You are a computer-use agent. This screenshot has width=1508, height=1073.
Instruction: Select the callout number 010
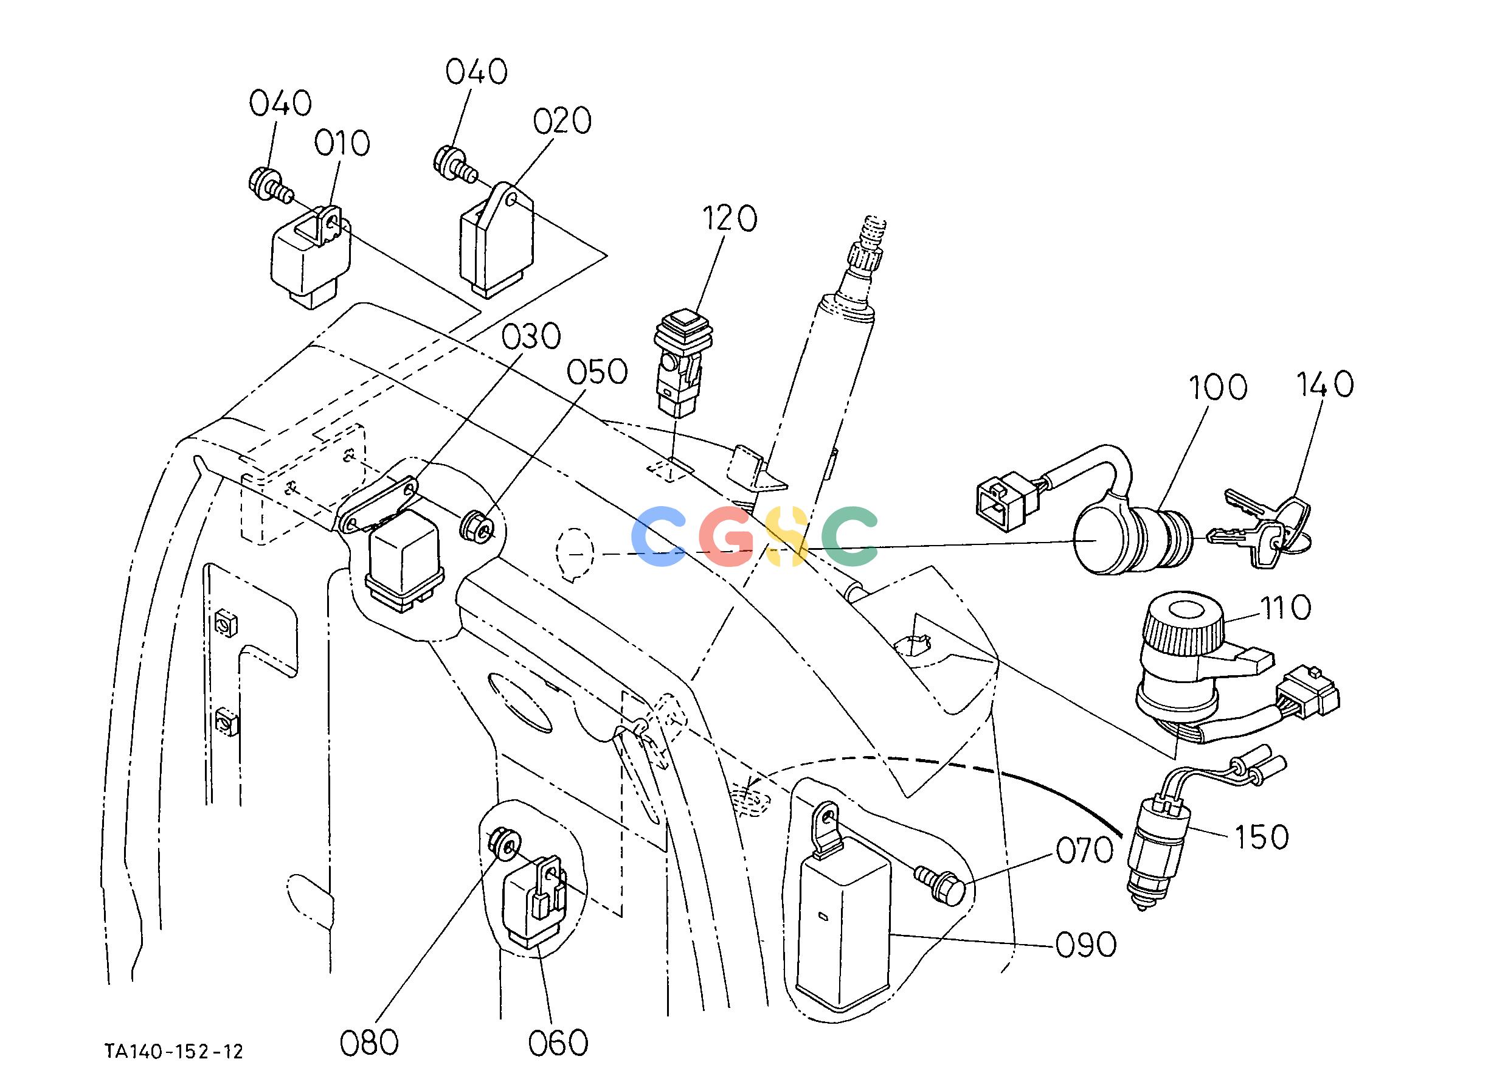[342, 144]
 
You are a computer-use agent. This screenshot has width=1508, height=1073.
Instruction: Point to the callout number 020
[562, 121]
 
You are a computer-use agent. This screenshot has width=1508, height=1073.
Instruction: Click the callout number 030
[531, 337]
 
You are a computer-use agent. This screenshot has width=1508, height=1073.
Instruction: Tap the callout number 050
[597, 372]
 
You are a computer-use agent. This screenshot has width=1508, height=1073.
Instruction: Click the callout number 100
[1217, 387]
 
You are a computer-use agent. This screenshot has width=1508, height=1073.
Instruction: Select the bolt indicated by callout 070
[941, 883]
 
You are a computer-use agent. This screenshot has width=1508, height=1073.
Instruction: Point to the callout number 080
[369, 1043]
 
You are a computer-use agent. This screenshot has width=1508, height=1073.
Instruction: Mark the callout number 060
[558, 1043]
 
